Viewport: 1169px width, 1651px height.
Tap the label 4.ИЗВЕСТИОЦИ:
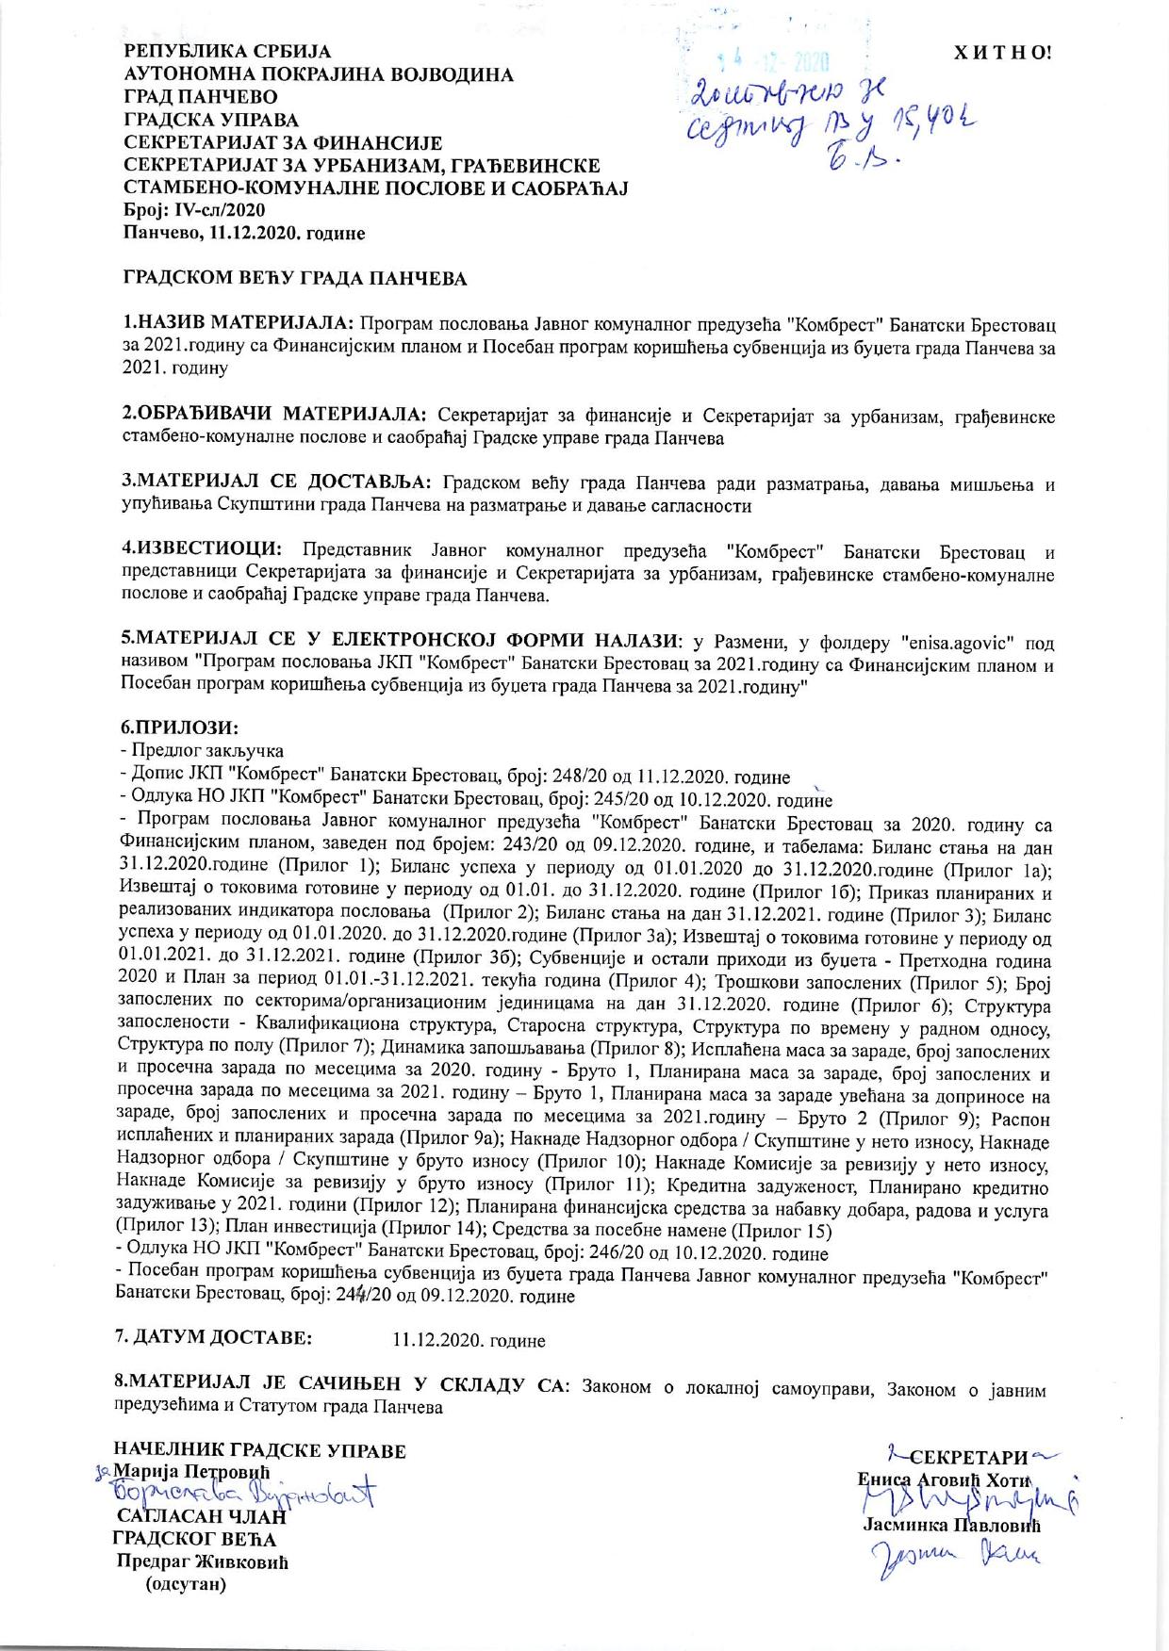click(200, 548)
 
